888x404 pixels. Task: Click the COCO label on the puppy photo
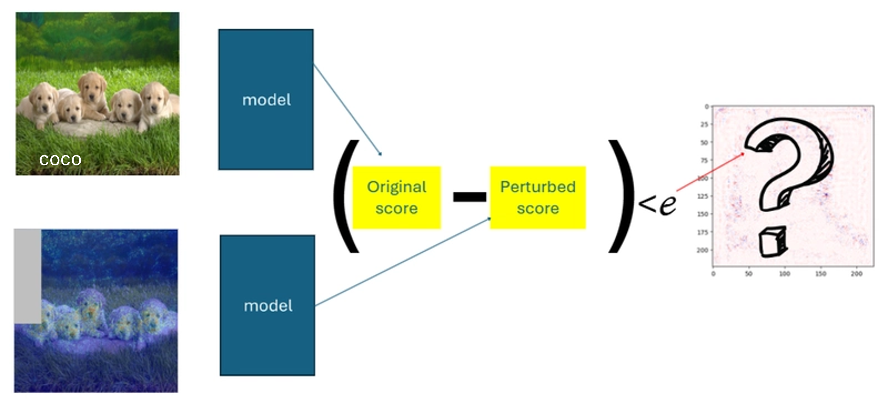pyautogui.click(x=60, y=160)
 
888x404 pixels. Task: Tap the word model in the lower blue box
pyautogui.click(x=268, y=306)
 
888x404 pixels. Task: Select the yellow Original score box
pyautogui.click(x=397, y=197)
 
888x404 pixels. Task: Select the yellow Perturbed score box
pyautogui.click(x=538, y=197)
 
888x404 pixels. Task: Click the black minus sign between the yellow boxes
pyautogui.click(x=469, y=197)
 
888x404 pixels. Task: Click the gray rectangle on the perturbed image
pyautogui.click(x=28, y=276)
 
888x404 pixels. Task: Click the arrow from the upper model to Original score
pyautogui.click(x=346, y=109)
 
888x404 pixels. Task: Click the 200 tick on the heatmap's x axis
pyautogui.click(x=857, y=274)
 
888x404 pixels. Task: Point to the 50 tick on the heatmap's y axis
pyautogui.click(x=704, y=142)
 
